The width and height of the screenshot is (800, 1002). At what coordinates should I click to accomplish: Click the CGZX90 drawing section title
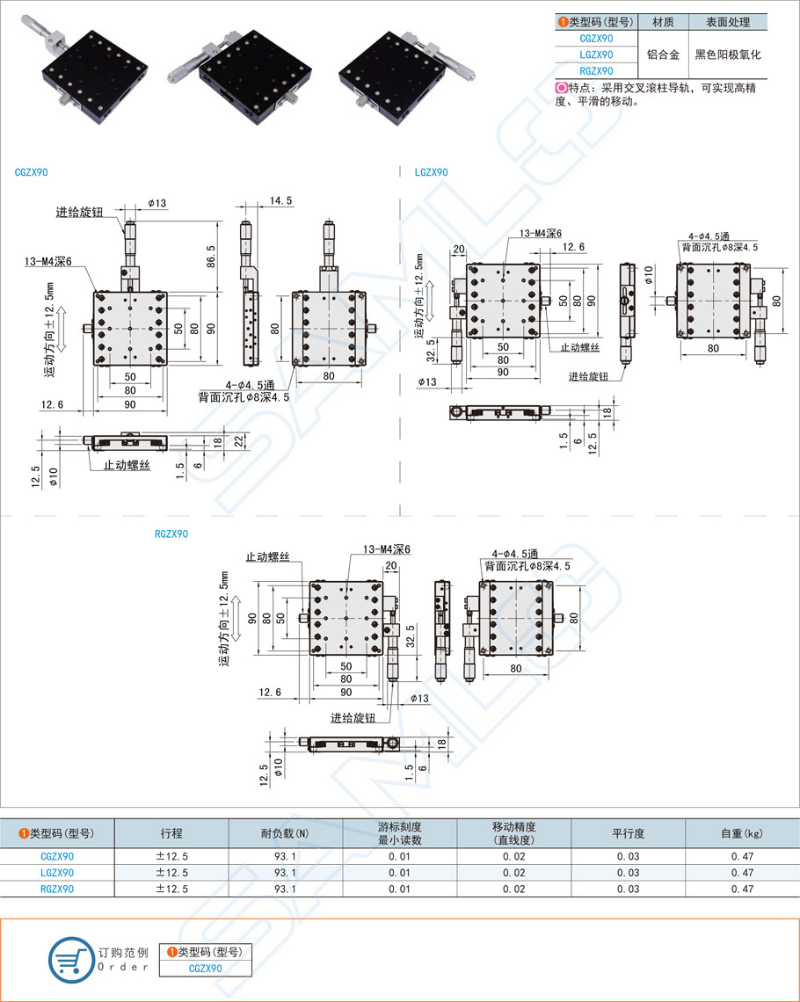click(32, 173)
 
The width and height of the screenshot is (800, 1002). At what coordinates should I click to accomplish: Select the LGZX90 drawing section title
click(432, 172)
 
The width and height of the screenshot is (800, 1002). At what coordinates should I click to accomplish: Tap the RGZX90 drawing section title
click(171, 534)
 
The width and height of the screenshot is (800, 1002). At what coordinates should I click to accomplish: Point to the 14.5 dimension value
click(281, 201)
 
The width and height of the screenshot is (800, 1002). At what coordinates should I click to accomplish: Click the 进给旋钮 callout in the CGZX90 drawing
click(80, 212)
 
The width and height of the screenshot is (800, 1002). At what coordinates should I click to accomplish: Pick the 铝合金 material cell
click(663, 54)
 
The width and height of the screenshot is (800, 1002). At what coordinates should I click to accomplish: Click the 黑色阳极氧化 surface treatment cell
click(727, 54)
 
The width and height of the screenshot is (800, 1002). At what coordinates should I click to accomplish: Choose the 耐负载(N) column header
click(285, 832)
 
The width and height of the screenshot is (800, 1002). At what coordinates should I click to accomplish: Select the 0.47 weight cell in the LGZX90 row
click(742, 873)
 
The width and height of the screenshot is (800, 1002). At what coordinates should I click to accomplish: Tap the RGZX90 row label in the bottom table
click(58, 889)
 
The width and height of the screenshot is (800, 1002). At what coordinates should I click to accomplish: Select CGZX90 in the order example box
click(205, 969)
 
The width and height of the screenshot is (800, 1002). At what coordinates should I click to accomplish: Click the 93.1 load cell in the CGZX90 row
click(285, 856)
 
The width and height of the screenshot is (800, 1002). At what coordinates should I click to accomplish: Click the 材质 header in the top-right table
click(663, 22)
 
